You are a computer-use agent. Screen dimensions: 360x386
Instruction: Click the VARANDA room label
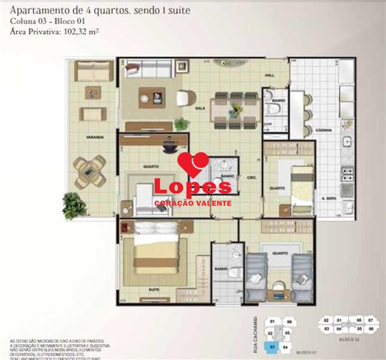click(94, 137)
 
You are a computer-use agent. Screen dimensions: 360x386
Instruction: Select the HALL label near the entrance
click(270, 75)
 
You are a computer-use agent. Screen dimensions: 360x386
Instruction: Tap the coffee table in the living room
click(151, 97)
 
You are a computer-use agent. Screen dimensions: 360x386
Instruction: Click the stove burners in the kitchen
click(347, 173)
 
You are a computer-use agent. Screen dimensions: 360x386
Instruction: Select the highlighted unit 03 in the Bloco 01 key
click(273, 347)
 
